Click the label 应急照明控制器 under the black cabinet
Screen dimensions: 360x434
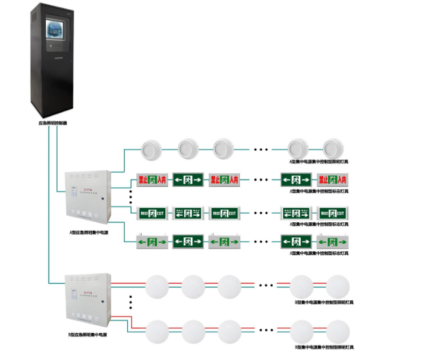point(53,123)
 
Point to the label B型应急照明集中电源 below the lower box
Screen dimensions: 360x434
point(89,334)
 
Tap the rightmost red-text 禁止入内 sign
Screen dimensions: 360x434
point(332,179)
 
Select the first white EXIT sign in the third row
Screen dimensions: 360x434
point(152,212)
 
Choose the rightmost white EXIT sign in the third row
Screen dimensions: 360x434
point(332,212)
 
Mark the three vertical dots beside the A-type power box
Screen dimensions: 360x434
point(131,197)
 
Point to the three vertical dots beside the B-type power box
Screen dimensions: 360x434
point(131,302)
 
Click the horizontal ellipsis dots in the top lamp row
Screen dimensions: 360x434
point(261,150)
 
